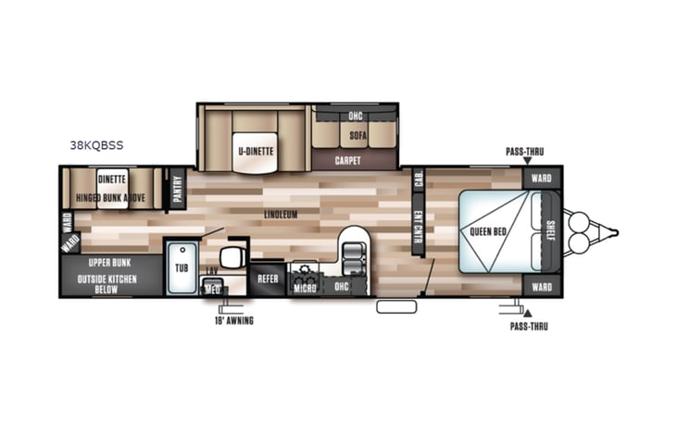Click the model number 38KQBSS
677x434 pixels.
point(96,144)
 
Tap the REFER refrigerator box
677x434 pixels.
point(268,278)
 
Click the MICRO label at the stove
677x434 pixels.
point(305,288)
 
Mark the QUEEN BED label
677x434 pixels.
point(487,231)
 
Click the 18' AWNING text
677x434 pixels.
point(232,321)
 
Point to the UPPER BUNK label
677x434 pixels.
point(108,263)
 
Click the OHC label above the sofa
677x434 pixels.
point(356,116)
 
